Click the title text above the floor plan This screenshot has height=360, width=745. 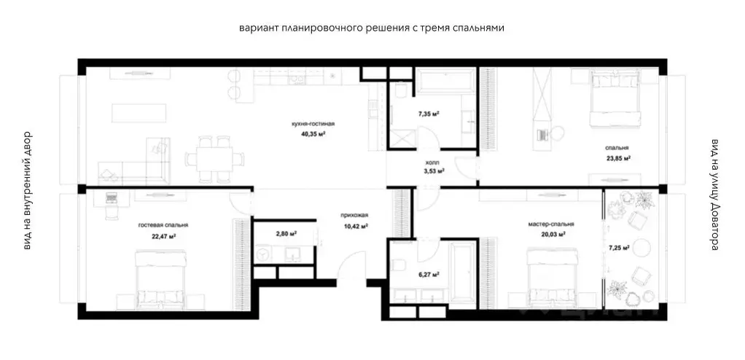372,28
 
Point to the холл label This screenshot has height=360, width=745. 432,163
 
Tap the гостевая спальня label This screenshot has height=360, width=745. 163,226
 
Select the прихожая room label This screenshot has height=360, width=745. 353,216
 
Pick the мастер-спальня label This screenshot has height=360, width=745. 552,224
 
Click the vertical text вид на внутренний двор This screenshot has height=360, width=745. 27,190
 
